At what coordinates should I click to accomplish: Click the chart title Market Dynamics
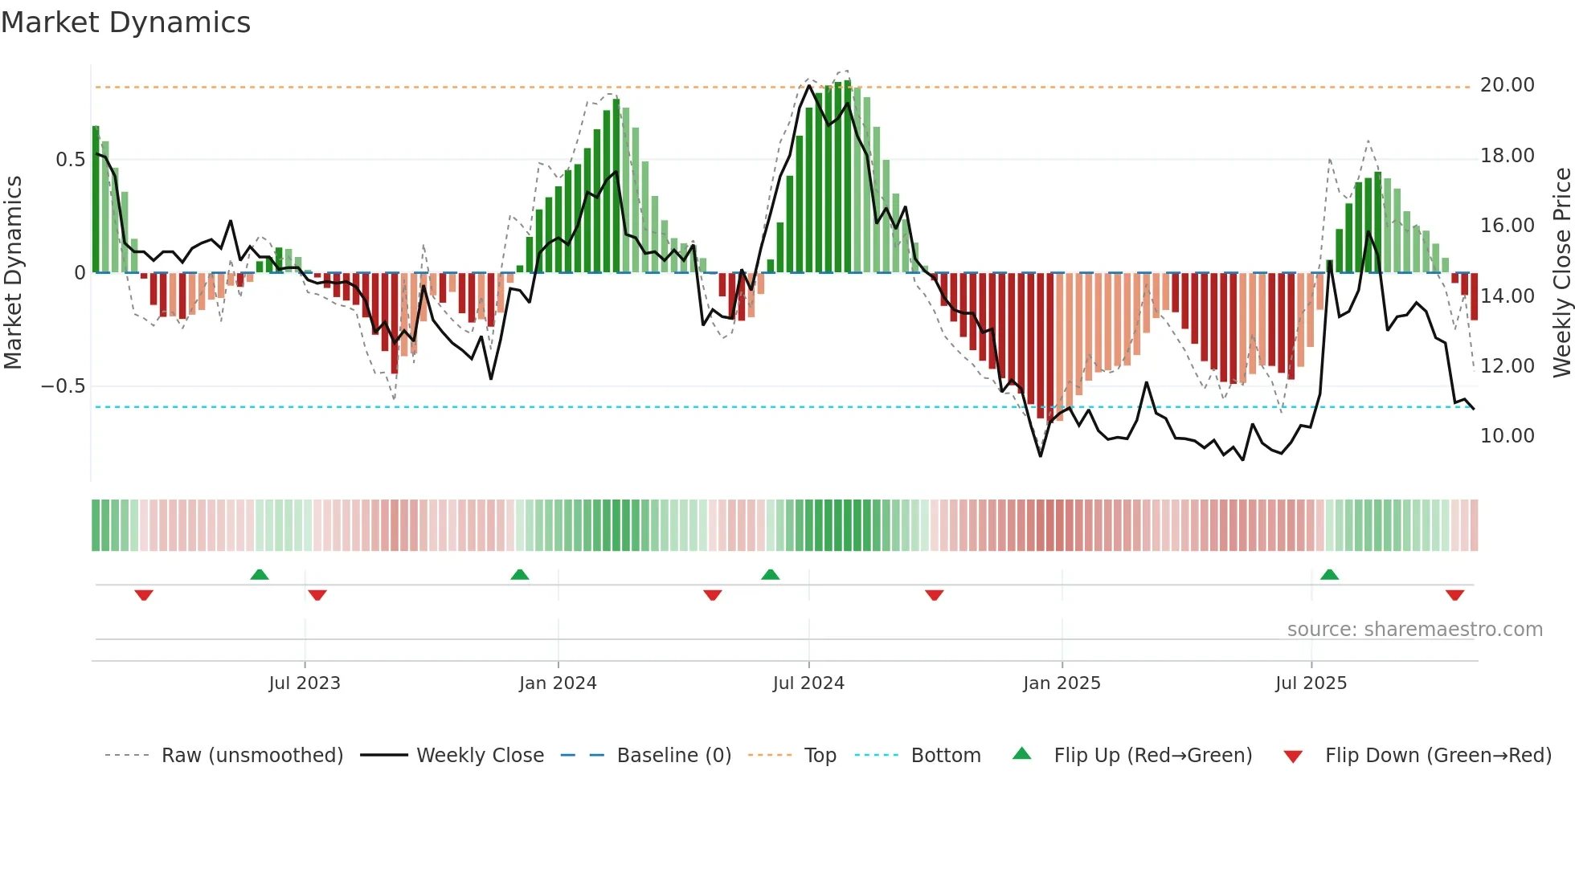tap(125, 22)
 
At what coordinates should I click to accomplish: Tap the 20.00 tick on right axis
tap(1507, 85)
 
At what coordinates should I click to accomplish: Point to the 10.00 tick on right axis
tap(1507, 436)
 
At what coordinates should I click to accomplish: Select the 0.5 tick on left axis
tap(70, 160)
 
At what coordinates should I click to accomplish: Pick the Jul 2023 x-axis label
tap(305, 683)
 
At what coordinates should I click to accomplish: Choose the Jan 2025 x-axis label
tap(1062, 683)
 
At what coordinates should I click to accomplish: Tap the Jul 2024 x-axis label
tap(808, 683)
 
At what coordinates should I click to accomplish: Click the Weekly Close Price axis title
tap(1561, 272)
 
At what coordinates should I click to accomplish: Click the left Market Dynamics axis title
tap(13, 272)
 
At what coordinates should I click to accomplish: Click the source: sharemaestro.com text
tap(1414, 630)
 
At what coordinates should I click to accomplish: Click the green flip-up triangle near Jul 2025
tap(1329, 575)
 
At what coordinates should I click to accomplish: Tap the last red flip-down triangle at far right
tap(1454, 595)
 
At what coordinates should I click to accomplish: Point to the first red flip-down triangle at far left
tap(144, 595)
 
